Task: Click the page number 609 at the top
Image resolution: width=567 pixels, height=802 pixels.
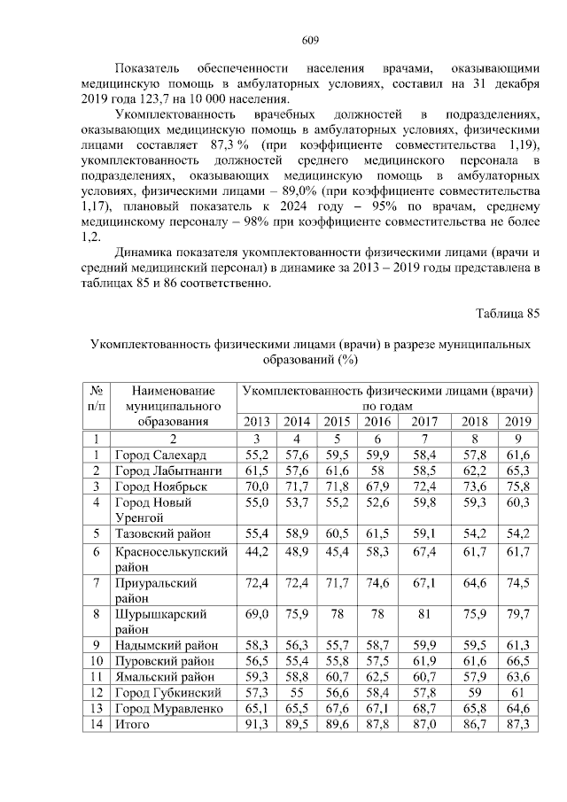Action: pos(310,39)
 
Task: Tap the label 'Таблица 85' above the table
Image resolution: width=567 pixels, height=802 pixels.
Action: pos(507,314)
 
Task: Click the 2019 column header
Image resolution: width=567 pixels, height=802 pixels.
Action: pos(518,421)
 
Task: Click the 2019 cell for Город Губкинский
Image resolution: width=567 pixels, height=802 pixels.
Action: pos(518,692)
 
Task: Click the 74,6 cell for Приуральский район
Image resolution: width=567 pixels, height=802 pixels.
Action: pos(377,583)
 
